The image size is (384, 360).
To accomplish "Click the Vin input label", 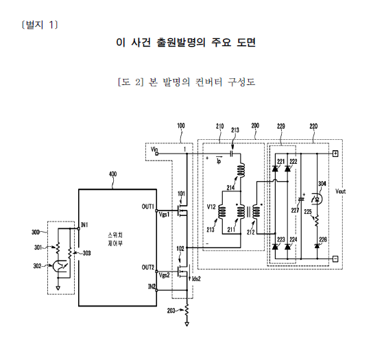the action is pos(154,149).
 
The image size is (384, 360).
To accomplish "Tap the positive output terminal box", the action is pos(335,154).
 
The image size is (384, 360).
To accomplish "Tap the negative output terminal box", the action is pos(335,259).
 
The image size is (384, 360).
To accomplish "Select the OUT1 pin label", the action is pos(147,206).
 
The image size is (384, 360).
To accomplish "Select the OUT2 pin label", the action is pos(147,267).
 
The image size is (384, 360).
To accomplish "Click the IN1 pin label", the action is pos(84,225).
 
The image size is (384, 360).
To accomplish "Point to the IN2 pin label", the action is pos(152,287).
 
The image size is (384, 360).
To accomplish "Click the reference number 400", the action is pos(112,174).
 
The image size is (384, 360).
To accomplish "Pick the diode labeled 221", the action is pos(275,169).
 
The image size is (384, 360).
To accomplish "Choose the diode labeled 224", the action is pos(287,247).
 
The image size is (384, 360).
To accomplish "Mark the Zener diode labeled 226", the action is pos(317,245).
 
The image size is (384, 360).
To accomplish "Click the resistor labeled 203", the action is pos(187,310).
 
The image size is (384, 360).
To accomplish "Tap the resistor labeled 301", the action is pos(58,248).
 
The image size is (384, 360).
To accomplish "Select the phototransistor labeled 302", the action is pos(58,266).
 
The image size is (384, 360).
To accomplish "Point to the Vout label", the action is pos(340,191).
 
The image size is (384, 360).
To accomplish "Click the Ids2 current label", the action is pos(196,279).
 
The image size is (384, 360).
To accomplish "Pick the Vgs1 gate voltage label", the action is pos(164,215).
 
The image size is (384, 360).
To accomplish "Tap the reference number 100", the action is pos(181,126).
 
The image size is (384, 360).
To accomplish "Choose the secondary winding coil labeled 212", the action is pos(256,211).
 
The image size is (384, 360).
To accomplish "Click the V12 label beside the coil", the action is pos(211,206).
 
